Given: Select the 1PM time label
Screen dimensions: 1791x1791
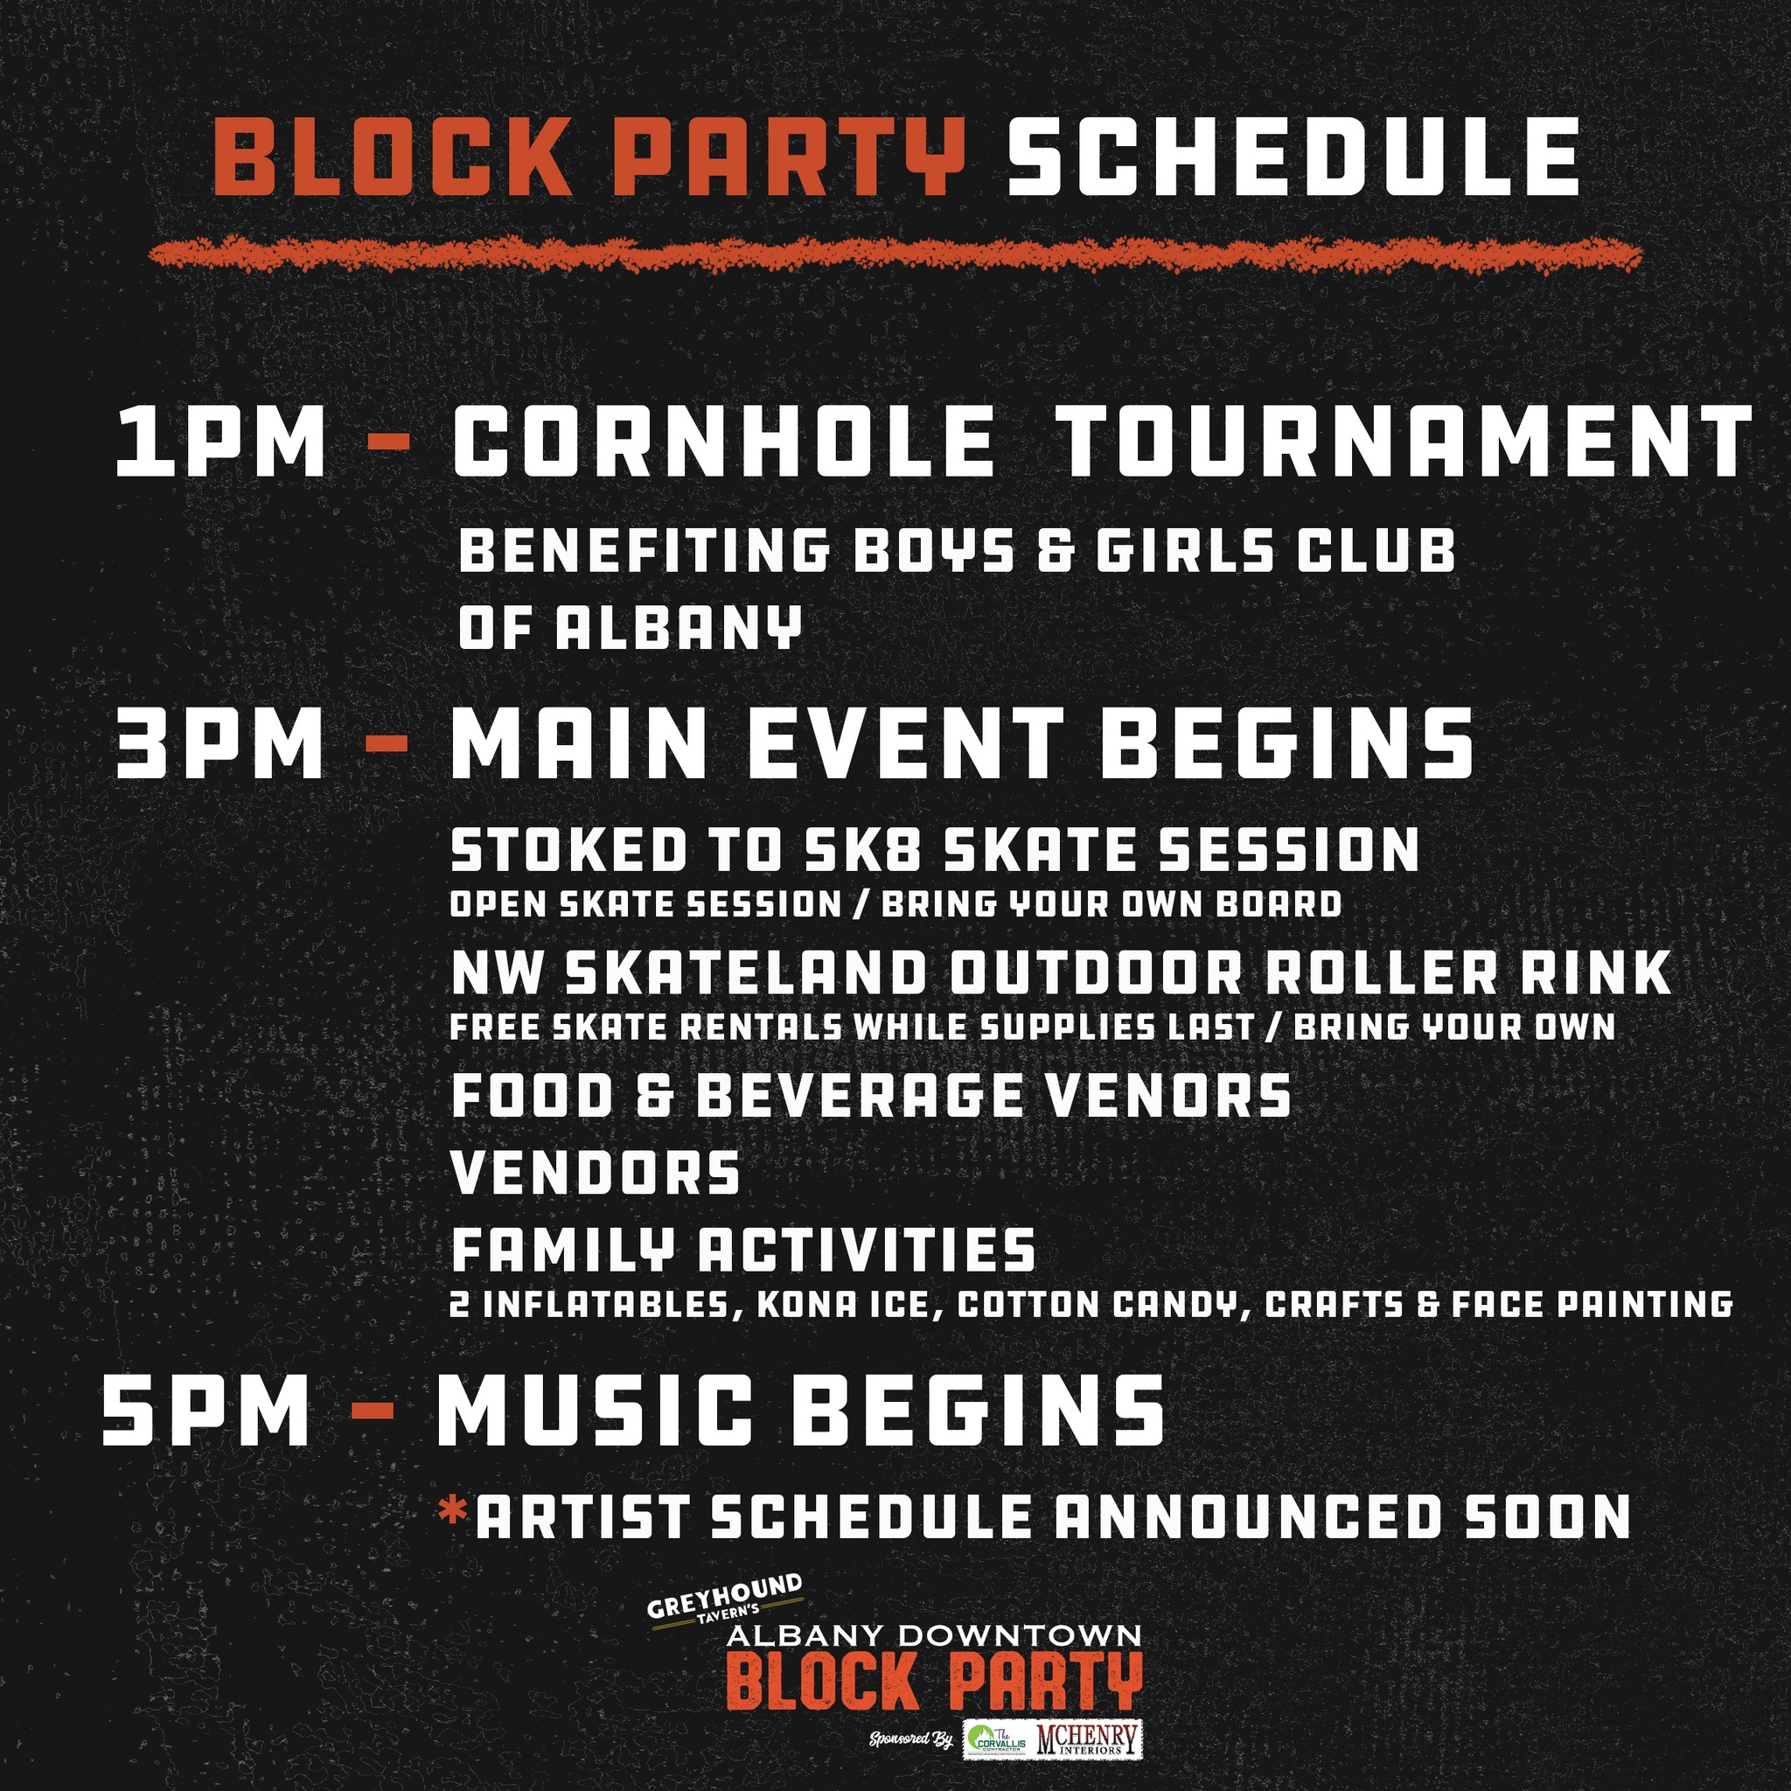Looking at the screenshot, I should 220,443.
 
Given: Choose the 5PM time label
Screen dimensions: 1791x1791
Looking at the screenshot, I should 206,1411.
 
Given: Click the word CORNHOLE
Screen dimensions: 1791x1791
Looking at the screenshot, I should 722,443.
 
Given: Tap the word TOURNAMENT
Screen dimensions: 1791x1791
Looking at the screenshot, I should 1403,443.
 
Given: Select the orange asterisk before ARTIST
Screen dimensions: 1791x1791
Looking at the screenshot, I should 453,1512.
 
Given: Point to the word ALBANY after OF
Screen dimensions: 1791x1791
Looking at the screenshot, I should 678,628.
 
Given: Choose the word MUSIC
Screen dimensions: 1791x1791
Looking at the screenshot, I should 594,1411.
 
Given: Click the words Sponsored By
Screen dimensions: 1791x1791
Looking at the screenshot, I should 911,1739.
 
